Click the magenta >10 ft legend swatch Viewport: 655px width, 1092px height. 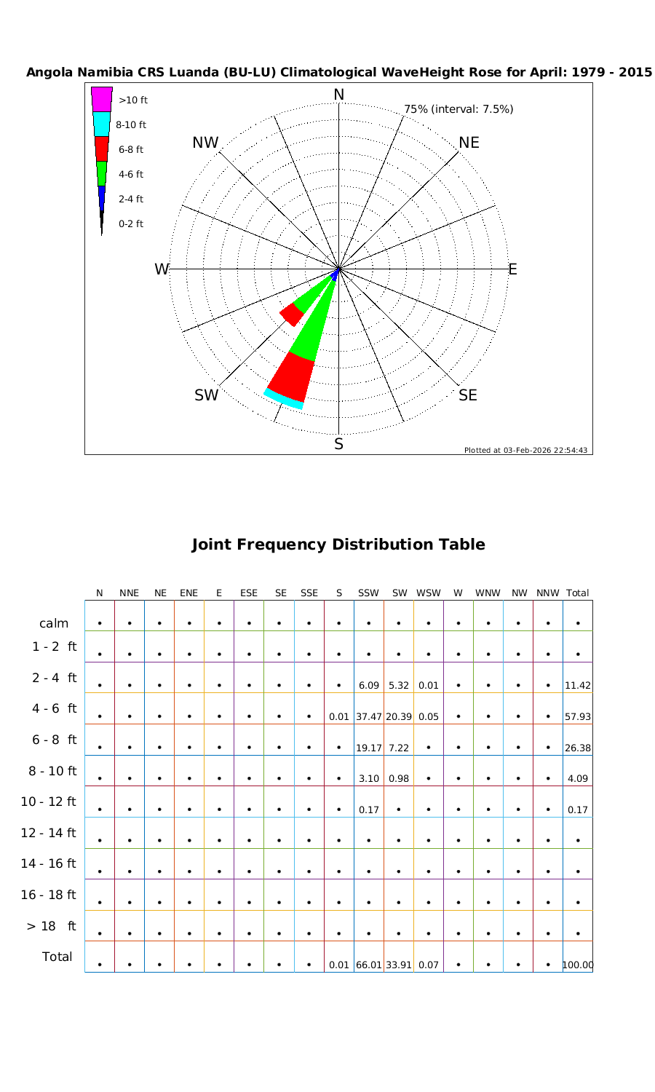101,99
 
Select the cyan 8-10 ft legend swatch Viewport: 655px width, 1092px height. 101,124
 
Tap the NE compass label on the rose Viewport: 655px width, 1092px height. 469,143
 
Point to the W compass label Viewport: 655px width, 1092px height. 162,269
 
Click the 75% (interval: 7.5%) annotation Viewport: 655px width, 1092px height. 458,109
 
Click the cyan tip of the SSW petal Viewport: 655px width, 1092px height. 284,399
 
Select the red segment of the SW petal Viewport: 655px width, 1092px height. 292,314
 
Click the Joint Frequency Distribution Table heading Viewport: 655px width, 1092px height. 338,545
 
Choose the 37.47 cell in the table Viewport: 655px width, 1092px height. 369,716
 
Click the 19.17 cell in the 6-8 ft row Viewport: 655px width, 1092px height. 369,748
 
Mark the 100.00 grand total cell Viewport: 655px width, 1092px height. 578,965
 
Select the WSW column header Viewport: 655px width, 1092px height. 429,593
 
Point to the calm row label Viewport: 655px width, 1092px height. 54,623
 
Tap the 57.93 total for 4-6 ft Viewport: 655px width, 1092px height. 578,716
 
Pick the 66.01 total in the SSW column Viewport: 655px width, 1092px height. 369,965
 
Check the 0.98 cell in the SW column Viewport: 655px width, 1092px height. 399,778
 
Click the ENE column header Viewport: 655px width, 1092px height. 188,593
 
